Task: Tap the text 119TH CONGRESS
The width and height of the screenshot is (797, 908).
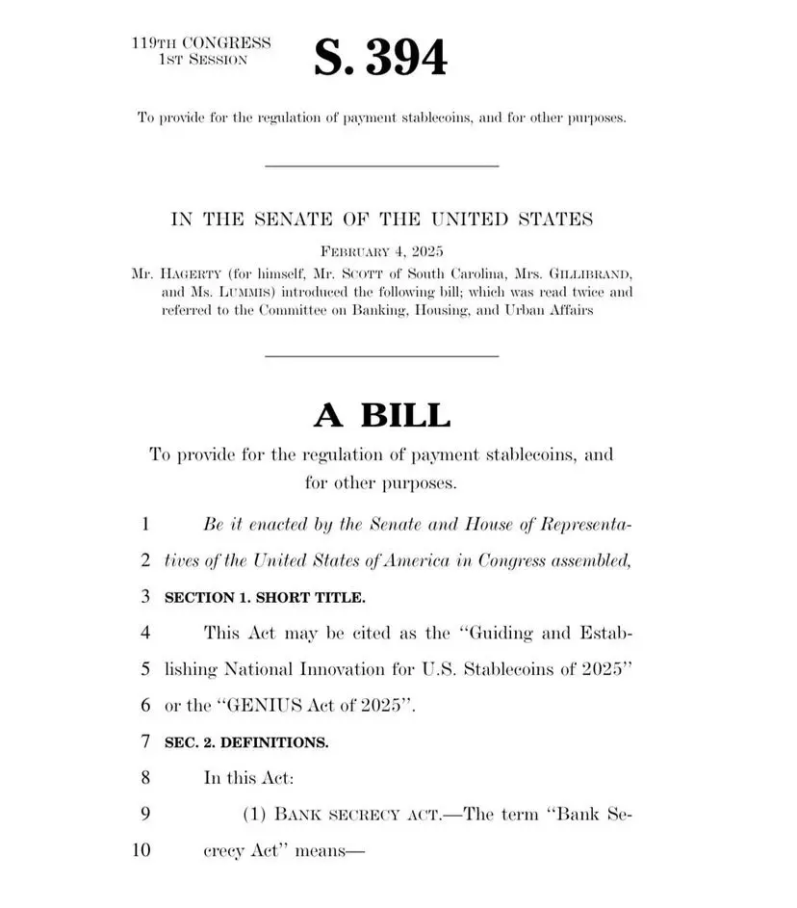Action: [x=201, y=43]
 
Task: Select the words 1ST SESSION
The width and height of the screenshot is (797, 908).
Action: [x=202, y=60]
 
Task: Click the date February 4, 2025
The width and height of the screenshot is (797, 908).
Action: [x=381, y=252]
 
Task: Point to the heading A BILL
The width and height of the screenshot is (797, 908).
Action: [x=381, y=415]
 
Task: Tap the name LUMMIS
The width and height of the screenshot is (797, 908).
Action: [x=236, y=292]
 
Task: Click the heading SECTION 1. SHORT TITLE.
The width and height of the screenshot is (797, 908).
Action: [x=266, y=598]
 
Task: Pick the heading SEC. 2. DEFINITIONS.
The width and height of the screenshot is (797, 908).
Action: [x=247, y=742]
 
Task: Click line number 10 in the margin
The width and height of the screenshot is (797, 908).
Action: [x=141, y=850]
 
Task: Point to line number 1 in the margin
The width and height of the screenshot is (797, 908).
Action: [x=144, y=526]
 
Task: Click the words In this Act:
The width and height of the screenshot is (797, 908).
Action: [x=243, y=778]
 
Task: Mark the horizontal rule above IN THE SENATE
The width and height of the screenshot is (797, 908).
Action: [x=381, y=167]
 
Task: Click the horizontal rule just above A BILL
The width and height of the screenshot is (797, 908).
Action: [x=381, y=357]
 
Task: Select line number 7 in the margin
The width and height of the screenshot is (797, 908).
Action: [x=144, y=742]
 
